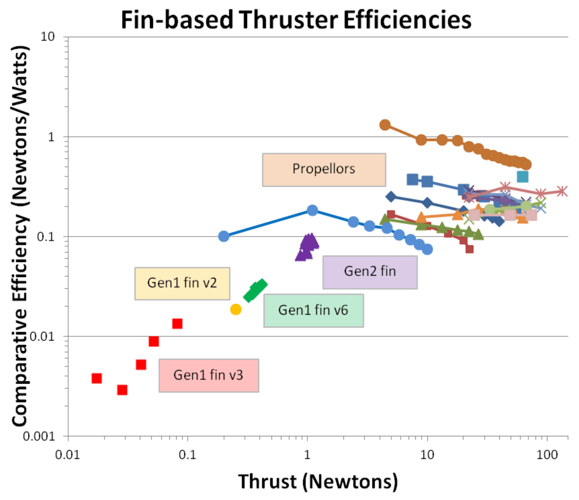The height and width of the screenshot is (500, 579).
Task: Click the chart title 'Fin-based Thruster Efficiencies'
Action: (296, 20)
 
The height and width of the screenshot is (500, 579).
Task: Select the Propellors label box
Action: (324, 170)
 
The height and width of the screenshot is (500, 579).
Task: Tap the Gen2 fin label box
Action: (370, 272)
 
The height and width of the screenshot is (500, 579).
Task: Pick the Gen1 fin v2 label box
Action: (182, 283)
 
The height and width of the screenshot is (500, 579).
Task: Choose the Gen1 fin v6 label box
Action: (314, 311)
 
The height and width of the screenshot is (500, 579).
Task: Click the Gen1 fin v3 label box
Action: (209, 375)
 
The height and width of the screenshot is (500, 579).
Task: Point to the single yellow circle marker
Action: (236, 309)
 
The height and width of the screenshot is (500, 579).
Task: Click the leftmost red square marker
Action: (97, 378)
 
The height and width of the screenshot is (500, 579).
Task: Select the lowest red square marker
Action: (122, 390)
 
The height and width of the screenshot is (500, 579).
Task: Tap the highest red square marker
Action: (177, 324)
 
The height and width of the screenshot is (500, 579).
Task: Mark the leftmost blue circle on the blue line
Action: (224, 236)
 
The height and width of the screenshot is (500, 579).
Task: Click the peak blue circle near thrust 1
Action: (312, 210)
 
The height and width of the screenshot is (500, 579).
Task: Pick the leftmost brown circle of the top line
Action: (385, 125)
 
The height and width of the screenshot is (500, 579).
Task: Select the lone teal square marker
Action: (523, 177)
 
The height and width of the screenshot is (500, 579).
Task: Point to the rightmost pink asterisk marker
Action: (561, 192)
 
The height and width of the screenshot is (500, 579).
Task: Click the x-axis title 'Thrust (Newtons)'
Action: (318, 482)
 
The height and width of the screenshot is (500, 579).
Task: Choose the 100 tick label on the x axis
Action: (547, 455)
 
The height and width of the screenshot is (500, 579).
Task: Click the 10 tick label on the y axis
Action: (48, 37)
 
